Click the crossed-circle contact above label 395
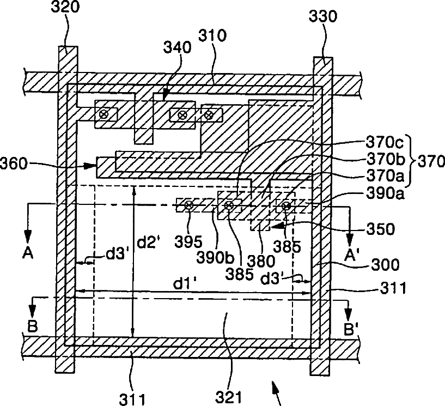point(188,205)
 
